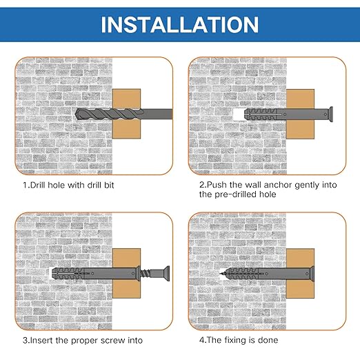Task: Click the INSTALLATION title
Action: [180, 25]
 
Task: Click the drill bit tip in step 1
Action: [77, 114]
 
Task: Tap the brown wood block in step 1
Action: [126, 114]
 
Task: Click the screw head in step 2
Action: [330, 114]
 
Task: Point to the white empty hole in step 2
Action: [239, 114]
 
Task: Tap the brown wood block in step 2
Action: [300, 114]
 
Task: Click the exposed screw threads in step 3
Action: [145, 273]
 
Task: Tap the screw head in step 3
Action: [167, 273]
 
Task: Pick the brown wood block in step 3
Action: [126, 273]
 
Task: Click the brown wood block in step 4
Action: [300, 273]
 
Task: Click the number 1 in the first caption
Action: [25, 185]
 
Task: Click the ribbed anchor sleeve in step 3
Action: [68, 273]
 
